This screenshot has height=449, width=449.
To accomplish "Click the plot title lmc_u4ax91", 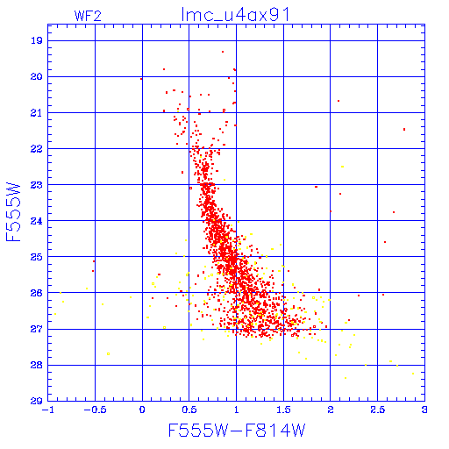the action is pyautogui.click(x=235, y=15).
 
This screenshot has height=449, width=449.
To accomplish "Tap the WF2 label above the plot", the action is pyautogui.click(x=88, y=16).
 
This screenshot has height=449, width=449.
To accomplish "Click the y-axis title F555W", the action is pyautogui.click(x=13, y=212).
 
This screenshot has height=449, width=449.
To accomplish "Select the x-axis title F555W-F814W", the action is pyautogui.click(x=237, y=430).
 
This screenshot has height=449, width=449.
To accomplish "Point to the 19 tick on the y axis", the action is pyautogui.click(x=37, y=40).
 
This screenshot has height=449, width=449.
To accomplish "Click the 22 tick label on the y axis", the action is pyautogui.click(x=37, y=149).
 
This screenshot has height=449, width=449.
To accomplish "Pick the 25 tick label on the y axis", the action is pyautogui.click(x=37, y=257).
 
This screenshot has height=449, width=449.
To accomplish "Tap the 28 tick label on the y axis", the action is pyautogui.click(x=37, y=365).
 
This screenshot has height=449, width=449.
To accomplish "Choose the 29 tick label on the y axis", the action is pyautogui.click(x=37, y=401).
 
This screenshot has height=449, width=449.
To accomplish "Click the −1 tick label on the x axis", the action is pyautogui.click(x=48, y=410).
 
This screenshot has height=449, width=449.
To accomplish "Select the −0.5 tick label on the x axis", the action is pyautogui.click(x=95, y=410).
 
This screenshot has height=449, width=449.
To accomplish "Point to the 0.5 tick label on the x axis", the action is pyautogui.click(x=189, y=410).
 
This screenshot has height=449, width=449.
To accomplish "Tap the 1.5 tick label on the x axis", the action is pyautogui.click(x=283, y=410).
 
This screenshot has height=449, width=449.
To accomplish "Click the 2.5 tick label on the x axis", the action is pyautogui.click(x=377, y=410).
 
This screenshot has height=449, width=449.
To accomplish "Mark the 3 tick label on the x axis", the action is pyautogui.click(x=424, y=410).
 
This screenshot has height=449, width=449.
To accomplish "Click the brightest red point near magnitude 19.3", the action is pyautogui.click(x=223, y=52).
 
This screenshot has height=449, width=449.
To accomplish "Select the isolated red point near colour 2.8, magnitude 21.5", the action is pyautogui.click(x=404, y=129).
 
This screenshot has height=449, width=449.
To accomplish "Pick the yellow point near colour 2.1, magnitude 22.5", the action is pyautogui.click(x=342, y=167).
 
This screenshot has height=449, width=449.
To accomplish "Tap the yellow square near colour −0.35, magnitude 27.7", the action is pyautogui.click(x=108, y=354).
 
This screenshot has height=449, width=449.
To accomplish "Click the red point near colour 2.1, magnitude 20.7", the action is pyautogui.click(x=339, y=101).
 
